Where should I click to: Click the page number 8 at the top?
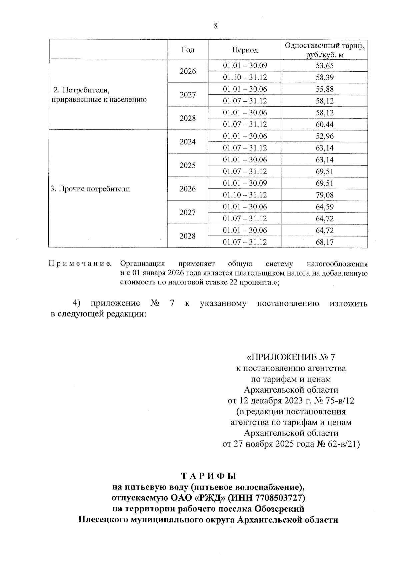click(x=216, y=26)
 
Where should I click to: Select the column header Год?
click(x=188, y=50)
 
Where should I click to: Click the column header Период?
click(x=245, y=50)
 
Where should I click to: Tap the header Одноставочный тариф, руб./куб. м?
click(x=325, y=50)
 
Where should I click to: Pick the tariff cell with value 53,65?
click(x=325, y=66)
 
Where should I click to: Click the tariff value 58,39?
click(x=325, y=77)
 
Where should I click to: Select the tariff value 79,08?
click(x=325, y=195)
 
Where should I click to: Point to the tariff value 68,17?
click(x=325, y=242)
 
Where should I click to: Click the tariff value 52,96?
click(x=325, y=136)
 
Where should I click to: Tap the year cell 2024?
click(x=188, y=142)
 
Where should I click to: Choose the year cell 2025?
click(x=188, y=165)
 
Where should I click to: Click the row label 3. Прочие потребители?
click(x=90, y=189)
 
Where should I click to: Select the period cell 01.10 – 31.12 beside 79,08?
click(x=245, y=195)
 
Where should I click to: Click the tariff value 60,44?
click(x=325, y=124)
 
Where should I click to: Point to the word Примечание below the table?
click(x=80, y=264)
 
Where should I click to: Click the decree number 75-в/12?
click(x=340, y=401)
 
